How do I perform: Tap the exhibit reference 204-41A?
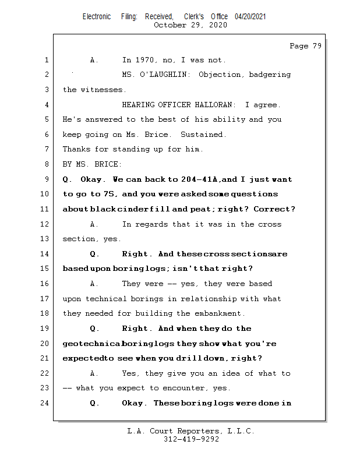pos(199,179)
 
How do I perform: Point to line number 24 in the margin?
pos(45,403)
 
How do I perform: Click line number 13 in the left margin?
pos(45,239)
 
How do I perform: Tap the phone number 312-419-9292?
pos(191,440)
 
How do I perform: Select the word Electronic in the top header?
pos(97,17)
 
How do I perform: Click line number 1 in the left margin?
pos(45,60)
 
